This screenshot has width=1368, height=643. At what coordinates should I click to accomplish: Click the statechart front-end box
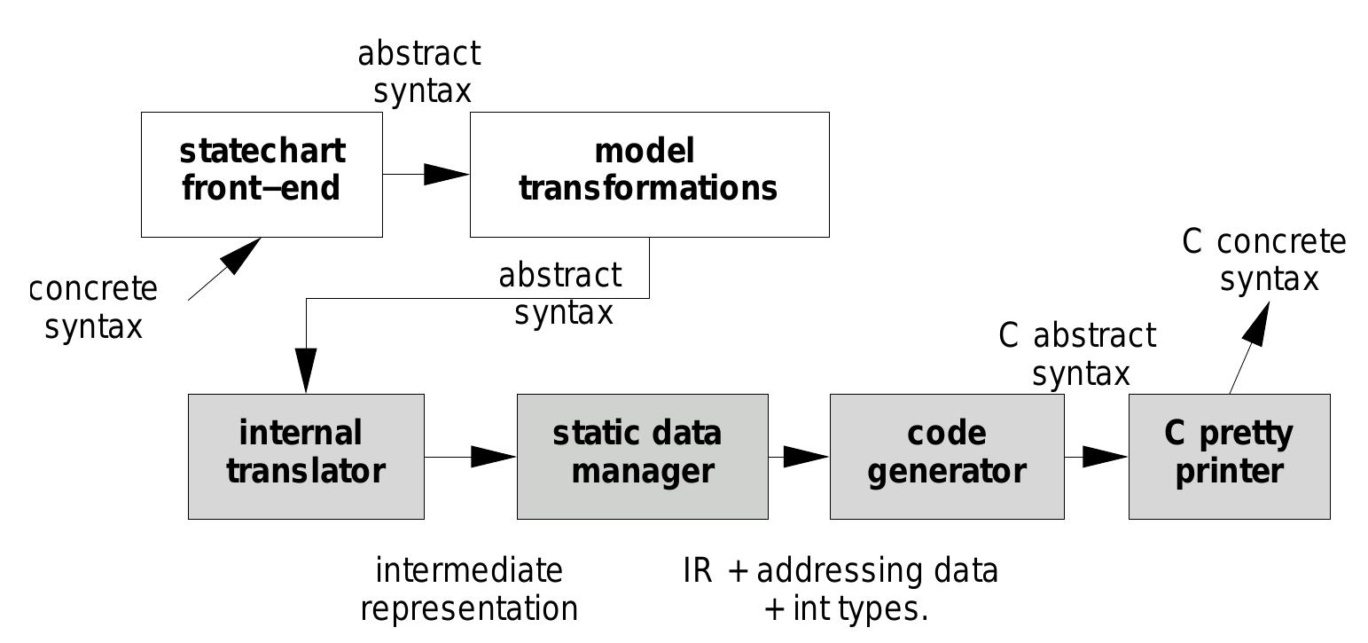click(x=262, y=175)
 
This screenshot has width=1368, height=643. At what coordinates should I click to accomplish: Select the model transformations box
click(x=649, y=175)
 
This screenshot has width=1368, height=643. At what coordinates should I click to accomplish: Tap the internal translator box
click(x=306, y=457)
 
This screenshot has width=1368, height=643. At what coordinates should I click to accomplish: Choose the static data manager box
click(x=642, y=457)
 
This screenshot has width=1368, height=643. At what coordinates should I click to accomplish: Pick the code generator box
click(x=946, y=457)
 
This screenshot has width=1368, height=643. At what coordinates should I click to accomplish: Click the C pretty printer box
click(x=1229, y=457)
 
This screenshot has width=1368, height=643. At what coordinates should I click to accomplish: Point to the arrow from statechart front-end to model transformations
click(x=426, y=175)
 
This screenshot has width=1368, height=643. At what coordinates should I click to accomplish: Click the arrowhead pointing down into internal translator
click(x=306, y=371)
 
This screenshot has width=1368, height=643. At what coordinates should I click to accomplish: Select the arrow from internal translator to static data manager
click(x=471, y=457)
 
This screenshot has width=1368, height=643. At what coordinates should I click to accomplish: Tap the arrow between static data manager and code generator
click(x=799, y=457)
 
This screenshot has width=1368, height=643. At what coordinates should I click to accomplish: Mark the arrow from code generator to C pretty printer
click(x=1097, y=457)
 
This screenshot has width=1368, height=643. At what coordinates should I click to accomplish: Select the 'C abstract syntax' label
click(x=1078, y=355)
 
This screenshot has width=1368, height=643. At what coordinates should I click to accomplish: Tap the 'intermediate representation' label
click(x=469, y=589)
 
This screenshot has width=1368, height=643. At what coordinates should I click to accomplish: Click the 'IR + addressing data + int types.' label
click(x=841, y=589)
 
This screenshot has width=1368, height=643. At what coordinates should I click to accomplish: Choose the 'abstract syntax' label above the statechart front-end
click(x=420, y=72)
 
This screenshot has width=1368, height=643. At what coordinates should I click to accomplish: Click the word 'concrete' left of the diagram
click(x=93, y=290)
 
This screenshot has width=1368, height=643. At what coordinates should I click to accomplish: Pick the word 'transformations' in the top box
click(x=648, y=189)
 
